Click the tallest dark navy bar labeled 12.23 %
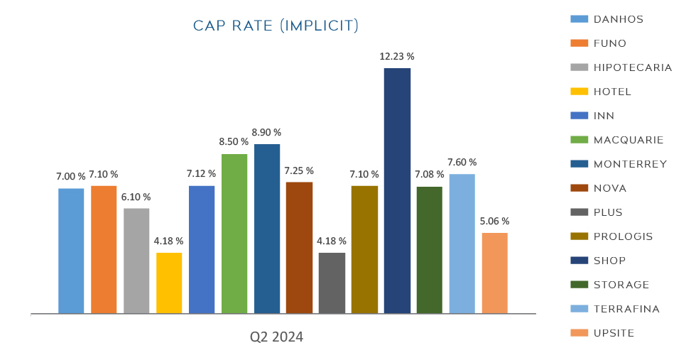click(x=397, y=190)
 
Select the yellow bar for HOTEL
click(x=169, y=283)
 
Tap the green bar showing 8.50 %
click(x=234, y=233)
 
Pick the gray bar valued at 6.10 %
click(x=136, y=261)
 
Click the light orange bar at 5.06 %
click(x=494, y=273)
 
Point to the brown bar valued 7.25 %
click(x=299, y=247)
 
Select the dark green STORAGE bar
click(x=429, y=250)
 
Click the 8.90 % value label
click(x=267, y=132)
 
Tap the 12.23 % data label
click(x=398, y=56)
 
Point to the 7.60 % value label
click(x=462, y=162)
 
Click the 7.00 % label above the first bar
click(x=71, y=175)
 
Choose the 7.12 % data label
click(x=202, y=173)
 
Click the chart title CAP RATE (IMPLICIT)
click(x=276, y=26)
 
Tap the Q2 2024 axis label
click(x=276, y=337)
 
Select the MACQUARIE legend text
click(x=628, y=140)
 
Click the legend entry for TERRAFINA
click(x=626, y=309)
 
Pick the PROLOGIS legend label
click(x=623, y=236)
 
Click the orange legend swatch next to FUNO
click(x=579, y=43)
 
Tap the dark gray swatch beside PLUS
click(x=579, y=212)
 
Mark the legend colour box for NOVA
click(x=579, y=188)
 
